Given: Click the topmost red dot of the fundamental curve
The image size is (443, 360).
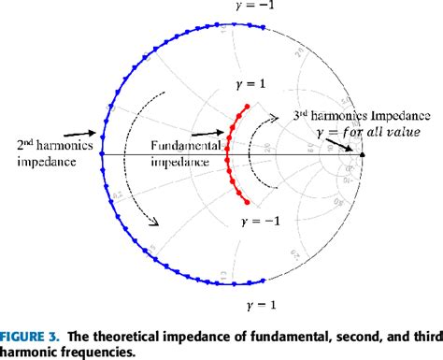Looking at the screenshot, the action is tap(247, 106).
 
